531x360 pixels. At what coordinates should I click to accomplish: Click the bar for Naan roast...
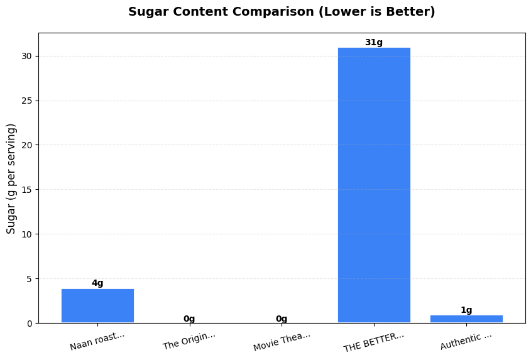click(97, 306)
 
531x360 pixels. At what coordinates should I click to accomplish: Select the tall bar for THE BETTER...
click(374, 185)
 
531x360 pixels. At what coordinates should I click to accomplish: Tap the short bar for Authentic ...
click(466, 319)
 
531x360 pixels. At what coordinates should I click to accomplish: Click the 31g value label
click(374, 43)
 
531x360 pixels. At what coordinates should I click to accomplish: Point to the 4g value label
click(97, 283)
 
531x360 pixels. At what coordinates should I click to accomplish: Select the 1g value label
click(466, 310)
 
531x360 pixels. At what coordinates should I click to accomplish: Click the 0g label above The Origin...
click(189, 319)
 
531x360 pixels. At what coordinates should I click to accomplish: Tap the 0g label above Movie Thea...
click(282, 319)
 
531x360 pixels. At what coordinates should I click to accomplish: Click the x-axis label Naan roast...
click(97, 341)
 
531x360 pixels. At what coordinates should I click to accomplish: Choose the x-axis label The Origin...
click(189, 341)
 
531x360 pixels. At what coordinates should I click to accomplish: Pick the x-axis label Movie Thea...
click(282, 341)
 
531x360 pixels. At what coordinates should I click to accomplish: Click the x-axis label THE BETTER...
click(374, 341)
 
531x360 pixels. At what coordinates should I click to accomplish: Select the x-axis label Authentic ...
click(466, 341)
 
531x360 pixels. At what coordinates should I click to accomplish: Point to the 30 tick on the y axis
click(27, 57)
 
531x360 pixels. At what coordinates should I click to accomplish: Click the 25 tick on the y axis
click(27, 101)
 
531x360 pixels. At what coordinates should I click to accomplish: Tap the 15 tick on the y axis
click(27, 190)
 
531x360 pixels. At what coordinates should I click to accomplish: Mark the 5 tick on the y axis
click(30, 279)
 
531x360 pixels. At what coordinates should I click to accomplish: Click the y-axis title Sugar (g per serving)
click(11, 178)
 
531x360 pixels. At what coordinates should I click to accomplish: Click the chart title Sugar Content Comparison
click(282, 12)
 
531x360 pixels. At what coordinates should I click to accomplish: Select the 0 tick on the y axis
click(30, 324)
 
